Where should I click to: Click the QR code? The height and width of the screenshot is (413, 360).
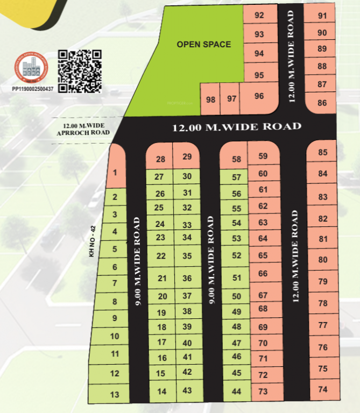click(x=80, y=70)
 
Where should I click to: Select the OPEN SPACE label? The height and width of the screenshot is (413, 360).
click(x=204, y=45)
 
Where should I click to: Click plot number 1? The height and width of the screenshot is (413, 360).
click(x=115, y=173)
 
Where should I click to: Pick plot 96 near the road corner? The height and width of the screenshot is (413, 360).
click(x=259, y=96)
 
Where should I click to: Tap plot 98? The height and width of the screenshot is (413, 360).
click(x=210, y=99)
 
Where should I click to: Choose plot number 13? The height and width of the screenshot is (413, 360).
click(x=115, y=395)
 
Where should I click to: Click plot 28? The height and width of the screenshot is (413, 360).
click(x=160, y=159)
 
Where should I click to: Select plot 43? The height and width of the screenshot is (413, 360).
click(x=187, y=390)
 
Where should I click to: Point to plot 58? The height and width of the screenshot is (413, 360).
click(x=236, y=160)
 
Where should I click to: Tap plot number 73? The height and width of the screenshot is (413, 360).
click(x=263, y=391)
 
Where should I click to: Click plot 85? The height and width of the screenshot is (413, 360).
click(x=323, y=153)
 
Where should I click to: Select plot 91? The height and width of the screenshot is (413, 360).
click(x=322, y=16)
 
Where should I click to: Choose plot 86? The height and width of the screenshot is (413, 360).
click(x=322, y=102)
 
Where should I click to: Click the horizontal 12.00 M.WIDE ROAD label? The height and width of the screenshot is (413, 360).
click(x=236, y=127)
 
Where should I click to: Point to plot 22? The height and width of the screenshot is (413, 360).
click(x=160, y=256)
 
